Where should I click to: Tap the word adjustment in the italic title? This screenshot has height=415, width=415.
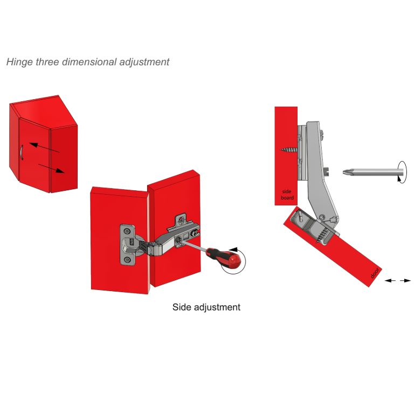point(144,62)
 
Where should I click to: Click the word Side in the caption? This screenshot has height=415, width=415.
point(182,307)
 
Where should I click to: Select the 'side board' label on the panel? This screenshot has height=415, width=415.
point(287,195)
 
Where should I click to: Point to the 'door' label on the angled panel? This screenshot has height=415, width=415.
point(375,273)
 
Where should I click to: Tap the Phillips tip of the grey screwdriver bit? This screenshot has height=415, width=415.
point(346,172)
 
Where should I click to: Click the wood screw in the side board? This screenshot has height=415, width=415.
point(289,150)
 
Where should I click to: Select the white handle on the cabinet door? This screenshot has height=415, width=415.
point(21,153)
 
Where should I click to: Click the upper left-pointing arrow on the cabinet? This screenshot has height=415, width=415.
point(44,148)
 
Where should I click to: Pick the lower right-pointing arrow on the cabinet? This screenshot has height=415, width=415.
point(51,168)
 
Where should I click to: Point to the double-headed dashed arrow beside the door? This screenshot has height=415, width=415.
point(398,281)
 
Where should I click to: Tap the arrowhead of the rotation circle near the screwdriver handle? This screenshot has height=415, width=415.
point(233,250)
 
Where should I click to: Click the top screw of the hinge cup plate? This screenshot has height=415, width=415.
point(128,231)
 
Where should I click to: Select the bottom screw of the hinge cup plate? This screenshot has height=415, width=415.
point(128,259)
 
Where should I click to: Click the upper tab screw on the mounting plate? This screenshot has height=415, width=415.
point(181,220)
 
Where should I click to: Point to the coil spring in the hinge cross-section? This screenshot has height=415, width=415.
point(323,235)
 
